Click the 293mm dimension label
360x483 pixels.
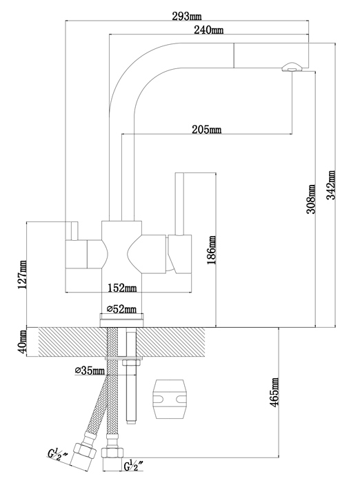click(187, 15)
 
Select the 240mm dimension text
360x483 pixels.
click(208, 30)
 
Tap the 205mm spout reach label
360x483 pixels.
click(207, 130)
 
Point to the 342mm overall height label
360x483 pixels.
click(331, 185)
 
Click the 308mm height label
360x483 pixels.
click(311, 199)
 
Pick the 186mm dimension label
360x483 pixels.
click(212, 250)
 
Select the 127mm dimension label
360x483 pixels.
click(22, 275)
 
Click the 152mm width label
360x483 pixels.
click(122, 288)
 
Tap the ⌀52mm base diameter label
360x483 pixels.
click(121, 308)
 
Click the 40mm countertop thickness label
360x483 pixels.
click(22, 342)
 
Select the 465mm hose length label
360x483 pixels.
click(274, 392)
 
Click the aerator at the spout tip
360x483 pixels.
click(292, 67)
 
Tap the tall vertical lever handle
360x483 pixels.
click(179, 204)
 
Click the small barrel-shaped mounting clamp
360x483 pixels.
click(170, 399)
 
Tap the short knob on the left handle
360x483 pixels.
click(74, 230)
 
